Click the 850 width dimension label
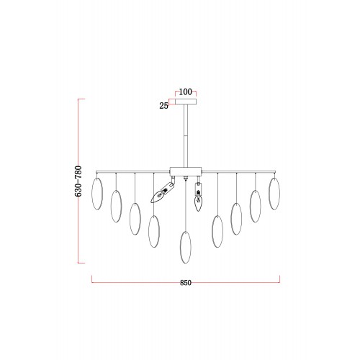pyautogui.click(x=186, y=283)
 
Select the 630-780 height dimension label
pyautogui.click(x=78, y=181)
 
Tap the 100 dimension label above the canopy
pyautogui.click(x=186, y=91)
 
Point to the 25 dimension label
pyautogui.click(x=163, y=106)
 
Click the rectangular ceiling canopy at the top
pyautogui.click(x=186, y=102)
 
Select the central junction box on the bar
pyautogui.click(x=186, y=171)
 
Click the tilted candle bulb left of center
pyautogui.click(x=158, y=197)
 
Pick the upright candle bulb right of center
pyautogui.click(x=198, y=202)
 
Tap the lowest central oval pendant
pyautogui.click(x=186, y=247)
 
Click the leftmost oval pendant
pyautogui.click(x=97, y=194)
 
